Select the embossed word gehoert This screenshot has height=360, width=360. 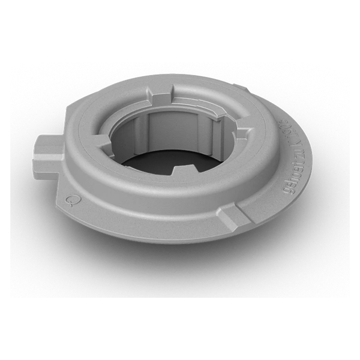pyautogui.click(x=289, y=180)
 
